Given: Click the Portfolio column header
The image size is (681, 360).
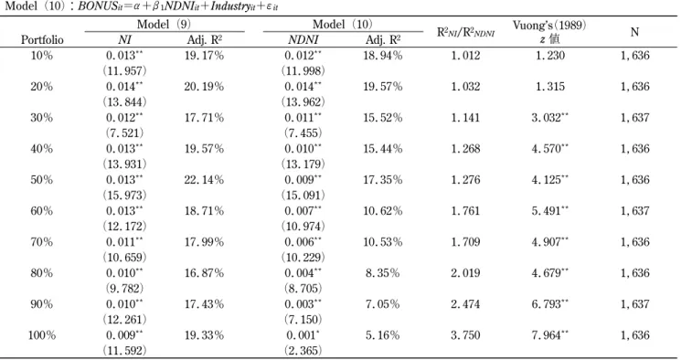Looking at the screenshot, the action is (42, 40).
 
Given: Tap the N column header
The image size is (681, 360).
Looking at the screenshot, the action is (634, 32).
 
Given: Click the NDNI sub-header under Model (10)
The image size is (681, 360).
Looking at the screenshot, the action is (303, 40).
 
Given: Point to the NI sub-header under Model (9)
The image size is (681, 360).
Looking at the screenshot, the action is (124, 40).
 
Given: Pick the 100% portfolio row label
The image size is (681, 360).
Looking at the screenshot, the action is (42, 335).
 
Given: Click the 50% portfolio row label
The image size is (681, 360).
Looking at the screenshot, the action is (42, 180).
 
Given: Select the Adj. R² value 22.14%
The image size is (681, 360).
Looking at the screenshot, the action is (204, 180).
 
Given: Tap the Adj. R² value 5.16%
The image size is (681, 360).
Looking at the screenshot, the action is (382, 335).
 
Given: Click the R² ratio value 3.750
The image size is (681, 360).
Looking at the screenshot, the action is (465, 335).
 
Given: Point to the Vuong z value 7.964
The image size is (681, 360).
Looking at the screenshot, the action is (550, 335).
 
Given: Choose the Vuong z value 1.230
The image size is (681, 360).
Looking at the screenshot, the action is (550, 56).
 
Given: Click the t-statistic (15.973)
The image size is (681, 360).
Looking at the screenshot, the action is (124, 196).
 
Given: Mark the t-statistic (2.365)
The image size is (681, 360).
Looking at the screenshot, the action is (303, 351).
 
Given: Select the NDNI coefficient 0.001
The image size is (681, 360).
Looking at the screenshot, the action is (303, 335).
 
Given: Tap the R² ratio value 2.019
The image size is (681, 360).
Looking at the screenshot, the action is (465, 273).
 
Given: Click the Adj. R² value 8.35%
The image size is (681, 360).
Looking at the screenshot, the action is (382, 273).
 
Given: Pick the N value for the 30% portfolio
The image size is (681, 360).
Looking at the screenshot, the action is (635, 118).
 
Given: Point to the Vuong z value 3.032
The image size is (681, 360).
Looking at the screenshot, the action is (550, 118).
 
